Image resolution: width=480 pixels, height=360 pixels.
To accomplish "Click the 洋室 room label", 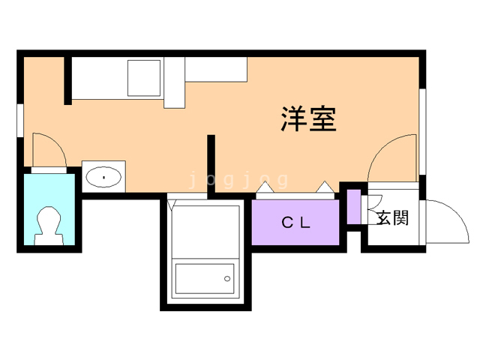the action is [308, 118].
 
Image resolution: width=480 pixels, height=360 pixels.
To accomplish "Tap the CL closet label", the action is [296, 223].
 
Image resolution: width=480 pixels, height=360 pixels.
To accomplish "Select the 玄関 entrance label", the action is [393, 218].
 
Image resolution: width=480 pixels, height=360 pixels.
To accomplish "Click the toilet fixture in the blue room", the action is [49, 226].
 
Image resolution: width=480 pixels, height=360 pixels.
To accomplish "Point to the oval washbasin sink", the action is [103, 177].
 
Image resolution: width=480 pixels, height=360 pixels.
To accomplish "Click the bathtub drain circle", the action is [227, 278].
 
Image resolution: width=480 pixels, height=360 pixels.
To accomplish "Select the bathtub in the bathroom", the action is [205, 278].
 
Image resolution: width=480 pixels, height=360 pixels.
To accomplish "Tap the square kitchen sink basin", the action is [144, 78].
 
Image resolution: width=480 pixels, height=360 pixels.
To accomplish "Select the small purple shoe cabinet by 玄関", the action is [354, 207].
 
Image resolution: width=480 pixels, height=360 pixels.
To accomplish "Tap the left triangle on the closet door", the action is [265, 187].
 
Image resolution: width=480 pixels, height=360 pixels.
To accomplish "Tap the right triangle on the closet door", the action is [325, 187].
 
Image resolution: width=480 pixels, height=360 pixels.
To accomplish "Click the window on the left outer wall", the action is [20, 120].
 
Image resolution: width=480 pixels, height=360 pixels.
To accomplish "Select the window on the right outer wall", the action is [422, 132].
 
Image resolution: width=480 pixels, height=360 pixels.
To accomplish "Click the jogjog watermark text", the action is [239, 179].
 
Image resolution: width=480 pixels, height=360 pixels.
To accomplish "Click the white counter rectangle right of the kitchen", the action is [216, 70].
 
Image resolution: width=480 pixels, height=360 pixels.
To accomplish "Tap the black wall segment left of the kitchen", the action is [68, 81].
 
